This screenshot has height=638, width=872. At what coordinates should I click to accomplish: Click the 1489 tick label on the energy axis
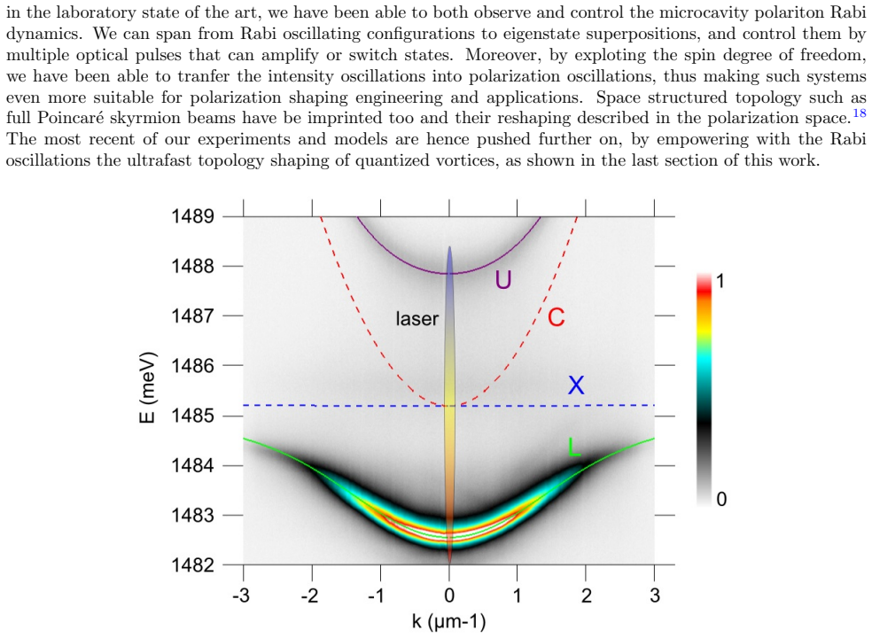click(192, 216)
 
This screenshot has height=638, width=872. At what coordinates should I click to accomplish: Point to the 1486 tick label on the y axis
click(192, 365)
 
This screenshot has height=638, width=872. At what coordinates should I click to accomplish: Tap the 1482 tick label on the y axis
click(192, 564)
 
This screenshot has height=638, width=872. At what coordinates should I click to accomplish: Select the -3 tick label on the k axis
click(241, 595)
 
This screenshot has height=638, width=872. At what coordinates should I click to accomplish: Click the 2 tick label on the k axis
click(586, 595)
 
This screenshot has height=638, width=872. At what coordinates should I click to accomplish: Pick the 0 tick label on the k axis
click(449, 595)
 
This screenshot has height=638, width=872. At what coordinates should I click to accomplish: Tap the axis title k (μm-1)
click(448, 621)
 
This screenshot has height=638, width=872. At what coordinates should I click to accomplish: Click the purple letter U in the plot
click(503, 280)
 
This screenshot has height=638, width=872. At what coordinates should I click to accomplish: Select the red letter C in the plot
click(557, 317)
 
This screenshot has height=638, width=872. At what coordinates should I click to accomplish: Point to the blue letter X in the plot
click(576, 385)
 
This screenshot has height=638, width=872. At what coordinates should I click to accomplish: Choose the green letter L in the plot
click(574, 447)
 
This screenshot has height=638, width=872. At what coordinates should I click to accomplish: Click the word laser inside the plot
click(417, 319)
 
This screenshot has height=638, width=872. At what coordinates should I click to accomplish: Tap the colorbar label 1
click(720, 282)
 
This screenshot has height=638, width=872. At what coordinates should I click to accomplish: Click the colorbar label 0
click(721, 499)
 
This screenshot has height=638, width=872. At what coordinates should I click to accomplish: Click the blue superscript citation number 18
click(860, 113)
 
